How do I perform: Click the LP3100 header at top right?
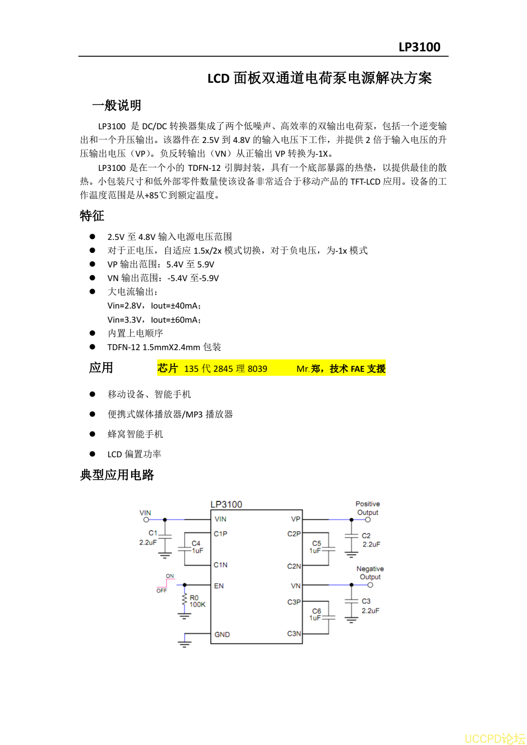(x=419, y=47)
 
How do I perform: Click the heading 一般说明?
(x=116, y=105)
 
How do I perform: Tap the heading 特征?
(x=92, y=216)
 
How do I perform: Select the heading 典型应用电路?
(x=117, y=475)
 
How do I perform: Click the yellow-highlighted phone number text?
(x=225, y=369)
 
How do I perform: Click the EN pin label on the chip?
(x=219, y=586)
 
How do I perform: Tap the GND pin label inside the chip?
(x=222, y=634)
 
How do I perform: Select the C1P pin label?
(x=221, y=534)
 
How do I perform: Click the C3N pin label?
(x=294, y=633)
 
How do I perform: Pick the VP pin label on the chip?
(x=295, y=519)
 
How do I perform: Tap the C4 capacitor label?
(x=196, y=543)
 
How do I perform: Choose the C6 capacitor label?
(x=316, y=611)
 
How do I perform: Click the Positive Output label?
(x=368, y=508)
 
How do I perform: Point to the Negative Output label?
(x=370, y=573)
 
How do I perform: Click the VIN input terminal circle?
(x=146, y=520)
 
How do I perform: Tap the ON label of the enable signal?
(x=170, y=576)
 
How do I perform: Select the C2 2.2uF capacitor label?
(x=371, y=540)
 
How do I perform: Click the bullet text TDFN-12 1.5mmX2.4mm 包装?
(x=164, y=347)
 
